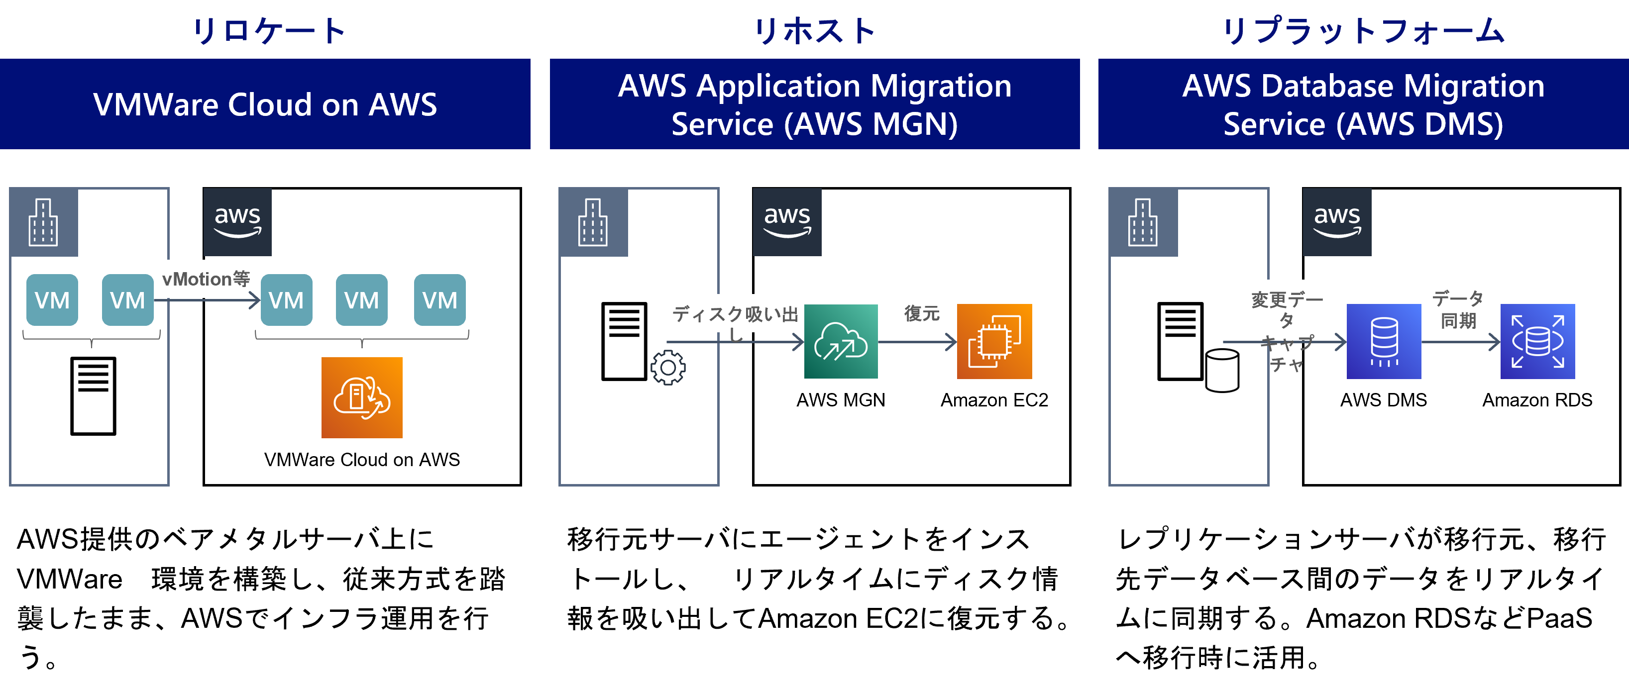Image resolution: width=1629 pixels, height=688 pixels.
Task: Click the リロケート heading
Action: point(268,30)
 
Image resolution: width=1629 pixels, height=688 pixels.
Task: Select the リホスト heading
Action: point(814,30)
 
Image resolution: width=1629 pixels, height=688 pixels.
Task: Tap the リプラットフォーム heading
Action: point(1363,30)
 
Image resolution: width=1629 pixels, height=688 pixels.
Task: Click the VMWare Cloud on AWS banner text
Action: point(265,104)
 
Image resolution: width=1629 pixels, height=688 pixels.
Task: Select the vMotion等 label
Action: point(206,279)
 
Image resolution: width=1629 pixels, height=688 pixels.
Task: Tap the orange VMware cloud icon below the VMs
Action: point(362,398)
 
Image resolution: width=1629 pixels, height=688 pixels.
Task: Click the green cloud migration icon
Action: point(841,341)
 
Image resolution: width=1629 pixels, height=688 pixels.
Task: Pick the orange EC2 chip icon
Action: point(994,341)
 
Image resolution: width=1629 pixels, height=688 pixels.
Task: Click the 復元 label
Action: point(921,313)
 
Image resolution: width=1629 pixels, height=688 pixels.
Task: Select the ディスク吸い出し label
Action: point(735,314)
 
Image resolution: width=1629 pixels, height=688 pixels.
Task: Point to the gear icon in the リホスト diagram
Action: point(668,368)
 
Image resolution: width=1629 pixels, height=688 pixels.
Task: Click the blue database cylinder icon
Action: point(1384,341)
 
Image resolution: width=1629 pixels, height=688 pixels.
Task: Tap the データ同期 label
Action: point(1458,309)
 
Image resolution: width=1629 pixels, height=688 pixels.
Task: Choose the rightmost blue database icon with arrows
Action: point(1537,341)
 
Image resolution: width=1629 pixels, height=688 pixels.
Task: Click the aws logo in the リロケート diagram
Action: point(237,222)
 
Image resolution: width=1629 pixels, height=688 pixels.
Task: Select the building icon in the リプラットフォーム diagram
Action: point(1143,222)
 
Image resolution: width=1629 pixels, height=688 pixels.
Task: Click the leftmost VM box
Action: point(52,300)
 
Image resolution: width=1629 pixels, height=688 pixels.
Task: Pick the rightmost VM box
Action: point(439,300)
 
